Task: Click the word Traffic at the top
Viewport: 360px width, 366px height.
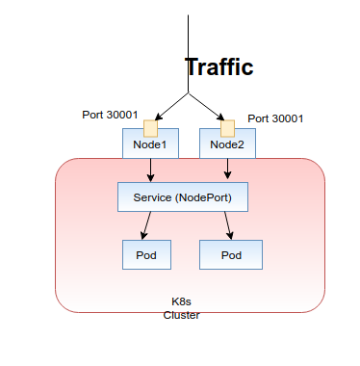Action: click(x=219, y=67)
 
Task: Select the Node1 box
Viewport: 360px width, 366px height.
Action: click(x=150, y=145)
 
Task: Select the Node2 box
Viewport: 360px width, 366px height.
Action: click(x=227, y=145)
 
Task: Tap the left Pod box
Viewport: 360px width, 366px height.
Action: click(x=146, y=254)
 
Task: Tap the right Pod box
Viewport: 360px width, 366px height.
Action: click(x=230, y=254)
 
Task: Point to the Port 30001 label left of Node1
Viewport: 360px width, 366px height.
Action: click(x=110, y=115)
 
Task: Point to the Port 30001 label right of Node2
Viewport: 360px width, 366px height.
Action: click(x=275, y=118)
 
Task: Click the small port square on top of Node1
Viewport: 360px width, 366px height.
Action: click(x=150, y=127)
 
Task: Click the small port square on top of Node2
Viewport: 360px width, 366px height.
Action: click(x=227, y=127)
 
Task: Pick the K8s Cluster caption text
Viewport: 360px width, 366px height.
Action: click(x=181, y=308)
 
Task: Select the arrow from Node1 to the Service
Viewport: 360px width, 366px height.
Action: click(x=151, y=170)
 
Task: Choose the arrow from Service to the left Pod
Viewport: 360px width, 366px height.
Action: click(x=146, y=226)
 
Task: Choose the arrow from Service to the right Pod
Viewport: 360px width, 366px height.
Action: click(x=229, y=226)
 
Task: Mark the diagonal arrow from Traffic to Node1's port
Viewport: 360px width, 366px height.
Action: click(x=169, y=106)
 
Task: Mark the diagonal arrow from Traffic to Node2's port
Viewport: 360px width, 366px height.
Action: click(x=208, y=106)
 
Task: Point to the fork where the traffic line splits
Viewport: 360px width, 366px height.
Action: click(x=189, y=93)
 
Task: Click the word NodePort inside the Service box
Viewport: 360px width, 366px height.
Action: click(x=210, y=197)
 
